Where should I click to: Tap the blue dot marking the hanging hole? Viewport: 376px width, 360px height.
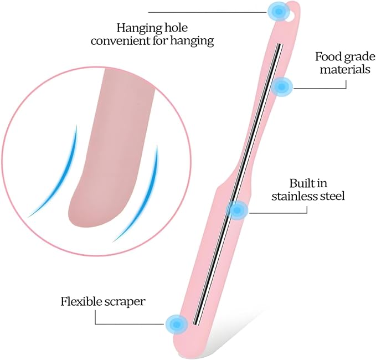tap(279, 11)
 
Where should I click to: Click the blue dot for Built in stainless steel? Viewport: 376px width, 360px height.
tap(237, 210)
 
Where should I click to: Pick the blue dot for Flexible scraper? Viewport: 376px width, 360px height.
tap(177, 324)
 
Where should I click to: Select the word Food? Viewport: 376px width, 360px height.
tap(328, 56)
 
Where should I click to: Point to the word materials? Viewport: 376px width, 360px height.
tap(345, 70)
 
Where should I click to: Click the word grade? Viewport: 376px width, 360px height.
tap(359, 58)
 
